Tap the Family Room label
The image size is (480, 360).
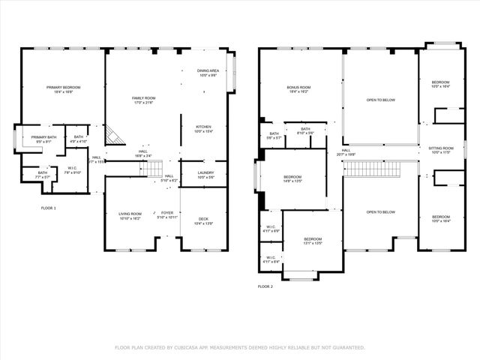(x=143, y=100)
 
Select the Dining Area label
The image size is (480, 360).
(x=208, y=72)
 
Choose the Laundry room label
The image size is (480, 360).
(x=205, y=175)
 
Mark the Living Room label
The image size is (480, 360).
(x=130, y=215)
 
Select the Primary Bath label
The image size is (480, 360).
(x=43, y=139)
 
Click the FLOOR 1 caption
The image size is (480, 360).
(x=48, y=208)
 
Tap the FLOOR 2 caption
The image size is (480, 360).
(x=265, y=286)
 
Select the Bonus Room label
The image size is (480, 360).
(x=298, y=89)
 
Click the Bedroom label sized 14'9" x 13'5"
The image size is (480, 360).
(x=292, y=178)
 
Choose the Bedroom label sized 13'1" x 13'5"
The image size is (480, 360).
(x=311, y=240)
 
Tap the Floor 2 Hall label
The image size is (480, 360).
(x=346, y=152)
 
